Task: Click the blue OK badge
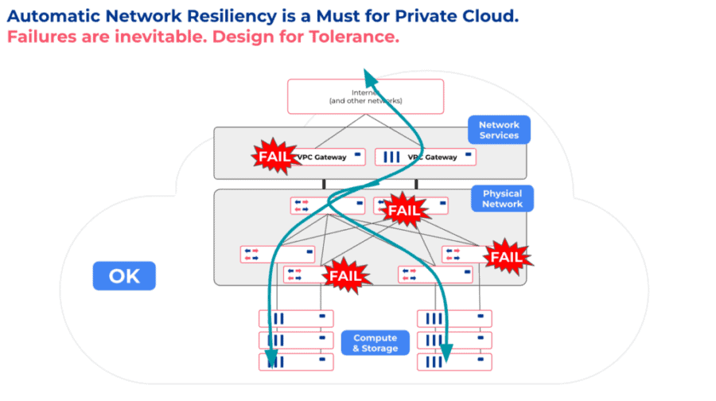124,276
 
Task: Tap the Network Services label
499,130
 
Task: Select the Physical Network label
502,199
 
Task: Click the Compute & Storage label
375,343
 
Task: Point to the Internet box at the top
365,97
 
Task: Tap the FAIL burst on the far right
505,256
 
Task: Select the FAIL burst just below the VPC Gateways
403,210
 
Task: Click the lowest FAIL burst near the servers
346,276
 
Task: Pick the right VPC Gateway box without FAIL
425,157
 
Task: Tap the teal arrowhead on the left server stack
270,359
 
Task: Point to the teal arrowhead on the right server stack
445,351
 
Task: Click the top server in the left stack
295,318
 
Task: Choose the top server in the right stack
454,318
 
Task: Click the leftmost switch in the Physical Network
278,255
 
